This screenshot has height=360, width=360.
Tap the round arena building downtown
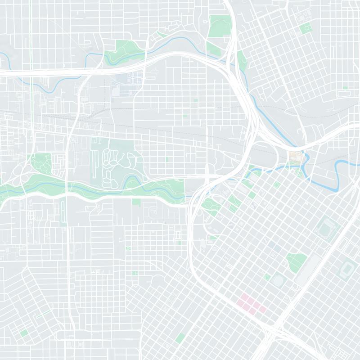278,280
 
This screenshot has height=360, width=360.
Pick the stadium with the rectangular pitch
347,270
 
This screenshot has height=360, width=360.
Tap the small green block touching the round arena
267,277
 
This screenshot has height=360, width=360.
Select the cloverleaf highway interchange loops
18,173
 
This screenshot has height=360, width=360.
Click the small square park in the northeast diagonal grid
306,28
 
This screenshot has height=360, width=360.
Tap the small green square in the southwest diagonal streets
24,333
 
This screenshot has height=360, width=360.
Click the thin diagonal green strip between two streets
43,314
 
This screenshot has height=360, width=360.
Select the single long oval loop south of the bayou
63,211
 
